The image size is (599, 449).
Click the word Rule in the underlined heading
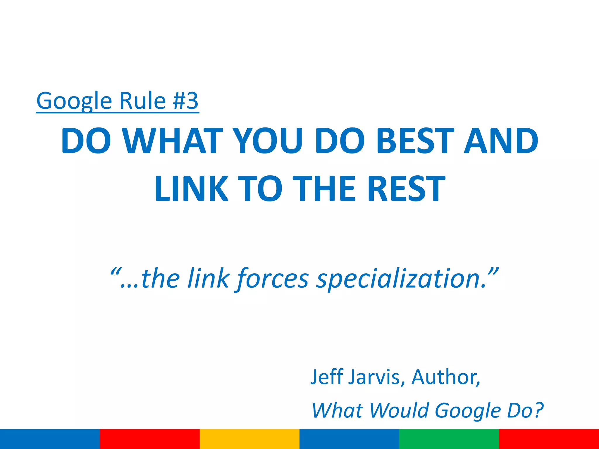pyautogui.click(x=142, y=101)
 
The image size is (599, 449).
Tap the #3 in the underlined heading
pyautogui.click(x=185, y=101)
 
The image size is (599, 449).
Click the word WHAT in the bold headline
pyautogui.click(x=173, y=141)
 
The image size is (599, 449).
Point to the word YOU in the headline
pyautogui.click(x=268, y=141)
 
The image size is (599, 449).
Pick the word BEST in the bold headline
pyautogui.click(x=416, y=141)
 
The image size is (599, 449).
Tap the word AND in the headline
pyautogui.click(x=501, y=141)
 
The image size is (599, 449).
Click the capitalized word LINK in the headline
pyautogui.click(x=191, y=189)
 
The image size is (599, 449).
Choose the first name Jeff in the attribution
pyautogui.click(x=327, y=377)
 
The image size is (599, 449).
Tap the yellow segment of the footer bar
pyautogui.click(x=249, y=439)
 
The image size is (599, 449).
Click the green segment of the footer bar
pyautogui.click(x=449, y=439)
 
